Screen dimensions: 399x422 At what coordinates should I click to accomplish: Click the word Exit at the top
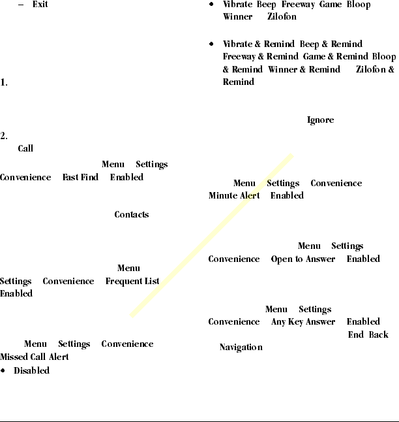pyautogui.click(x=40, y=5)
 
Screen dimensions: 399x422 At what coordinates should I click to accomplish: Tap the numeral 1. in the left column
pyautogui.click(x=4, y=84)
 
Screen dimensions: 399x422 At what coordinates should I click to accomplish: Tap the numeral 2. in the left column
pyautogui.click(x=4, y=137)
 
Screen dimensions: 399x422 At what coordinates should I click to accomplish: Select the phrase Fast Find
pyautogui.click(x=80, y=177)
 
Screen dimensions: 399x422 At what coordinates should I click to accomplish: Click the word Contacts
pyautogui.click(x=132, y=214)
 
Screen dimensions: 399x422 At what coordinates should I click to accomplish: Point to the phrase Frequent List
pyautogui.click(x=132, y=281)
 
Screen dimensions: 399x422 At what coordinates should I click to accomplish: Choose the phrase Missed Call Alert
pyautogui.click(x=35, y=357)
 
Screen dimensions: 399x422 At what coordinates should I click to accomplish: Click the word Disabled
pyautogui.click(x=31, y=370)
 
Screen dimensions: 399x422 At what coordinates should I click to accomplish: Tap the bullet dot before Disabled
pyautogui.click(x=3, y=370)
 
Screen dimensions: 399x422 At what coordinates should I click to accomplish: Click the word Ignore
pyautogui.click(x=320, y=120)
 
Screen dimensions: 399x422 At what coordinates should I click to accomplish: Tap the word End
pyautogui.click(x=355, y=334)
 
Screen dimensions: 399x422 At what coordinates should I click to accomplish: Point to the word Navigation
pyautogui.click(x=241, y=347)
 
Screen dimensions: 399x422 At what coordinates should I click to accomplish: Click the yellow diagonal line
pyautogui.click(x=212, y=235)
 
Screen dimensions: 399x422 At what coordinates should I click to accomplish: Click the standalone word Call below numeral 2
pyautogui.click(x=25, y=149)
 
